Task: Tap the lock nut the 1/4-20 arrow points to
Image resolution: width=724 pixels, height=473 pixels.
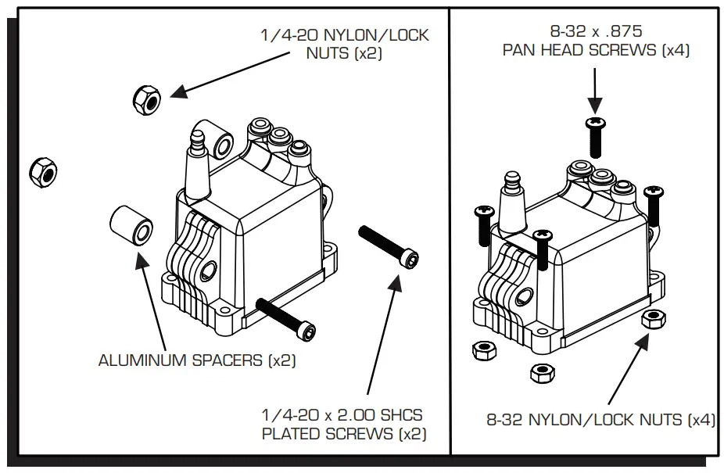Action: [146, 97]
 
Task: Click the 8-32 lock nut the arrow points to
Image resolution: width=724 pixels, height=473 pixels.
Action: [652, 318]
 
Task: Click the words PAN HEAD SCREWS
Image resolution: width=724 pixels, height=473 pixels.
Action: [579, 51]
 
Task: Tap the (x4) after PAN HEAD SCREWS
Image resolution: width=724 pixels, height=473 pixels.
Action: [675, 51]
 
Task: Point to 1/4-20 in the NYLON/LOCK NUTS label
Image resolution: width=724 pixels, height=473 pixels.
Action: [291, 36]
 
